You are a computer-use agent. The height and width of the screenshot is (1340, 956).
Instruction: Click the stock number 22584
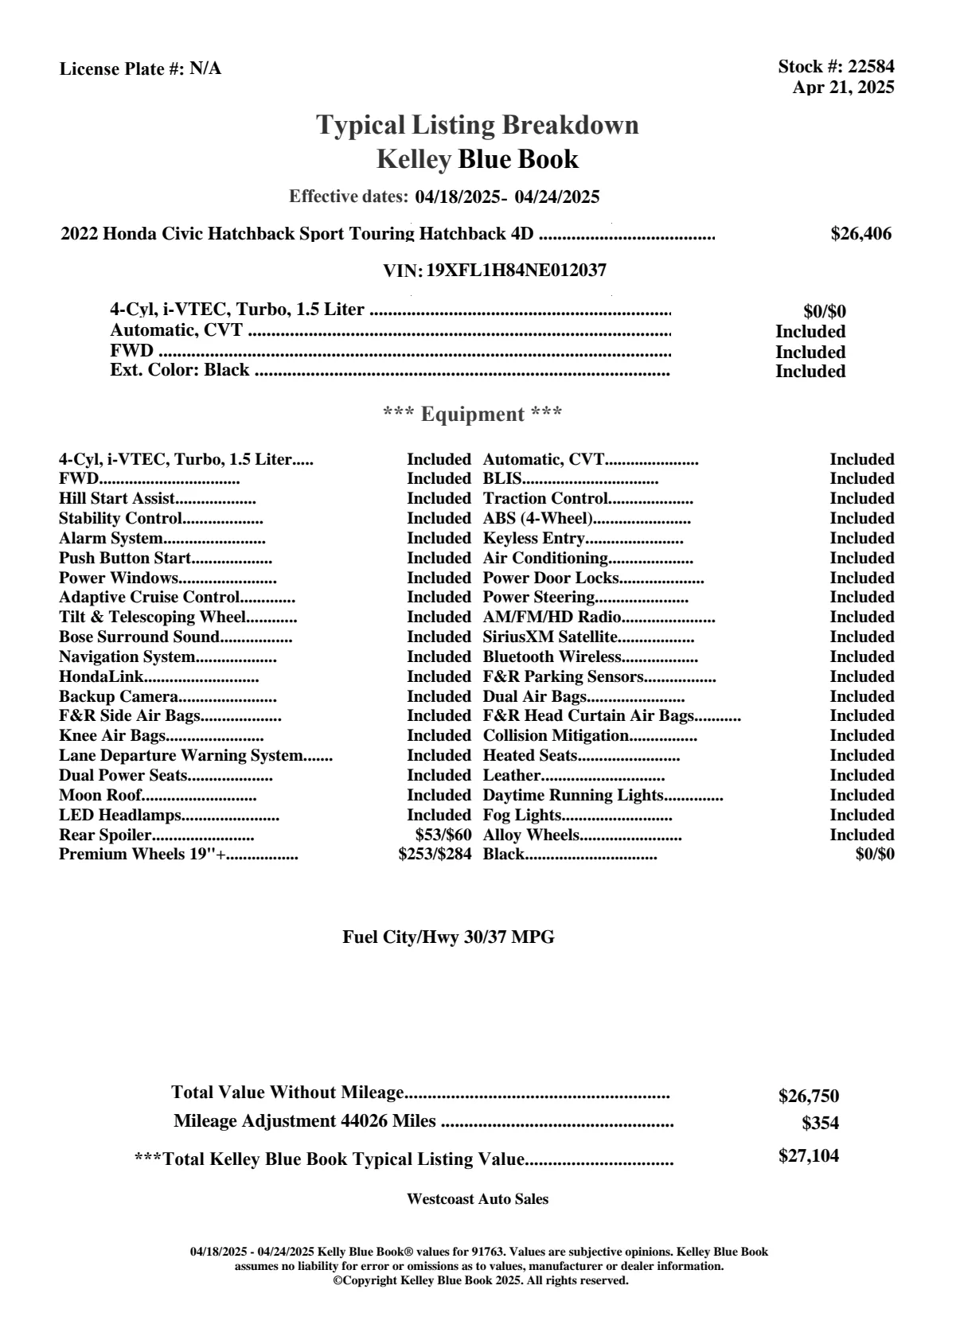871,67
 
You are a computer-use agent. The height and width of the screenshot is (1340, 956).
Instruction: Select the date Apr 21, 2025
843,88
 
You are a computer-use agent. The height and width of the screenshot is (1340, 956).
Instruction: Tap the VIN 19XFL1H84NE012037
516,271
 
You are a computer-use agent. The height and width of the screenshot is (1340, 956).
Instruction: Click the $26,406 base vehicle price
860,234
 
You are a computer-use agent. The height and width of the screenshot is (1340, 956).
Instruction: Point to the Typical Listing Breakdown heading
478,125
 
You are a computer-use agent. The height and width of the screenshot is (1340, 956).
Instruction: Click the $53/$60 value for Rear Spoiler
443,835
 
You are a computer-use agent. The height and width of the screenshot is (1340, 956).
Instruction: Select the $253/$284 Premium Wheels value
435,855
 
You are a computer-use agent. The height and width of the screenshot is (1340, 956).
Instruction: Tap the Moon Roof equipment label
100,795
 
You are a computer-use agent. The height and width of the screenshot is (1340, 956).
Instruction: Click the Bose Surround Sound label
139,637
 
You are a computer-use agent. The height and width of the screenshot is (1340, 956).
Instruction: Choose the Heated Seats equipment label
529,755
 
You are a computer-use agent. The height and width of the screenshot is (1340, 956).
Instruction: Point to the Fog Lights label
522,815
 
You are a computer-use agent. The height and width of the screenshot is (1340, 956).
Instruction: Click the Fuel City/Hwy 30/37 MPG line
448,937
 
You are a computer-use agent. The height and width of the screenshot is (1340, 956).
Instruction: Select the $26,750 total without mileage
808,1097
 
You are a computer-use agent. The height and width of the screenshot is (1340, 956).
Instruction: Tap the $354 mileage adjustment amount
820,1124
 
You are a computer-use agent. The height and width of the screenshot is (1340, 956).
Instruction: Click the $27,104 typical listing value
808,1156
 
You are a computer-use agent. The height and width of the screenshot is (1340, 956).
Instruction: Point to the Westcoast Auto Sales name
478,1199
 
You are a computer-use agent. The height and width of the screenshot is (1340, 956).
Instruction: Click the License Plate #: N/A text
140,69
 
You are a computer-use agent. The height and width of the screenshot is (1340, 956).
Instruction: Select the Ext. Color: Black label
179,370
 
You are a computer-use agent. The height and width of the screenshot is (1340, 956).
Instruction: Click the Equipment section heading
473,415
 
